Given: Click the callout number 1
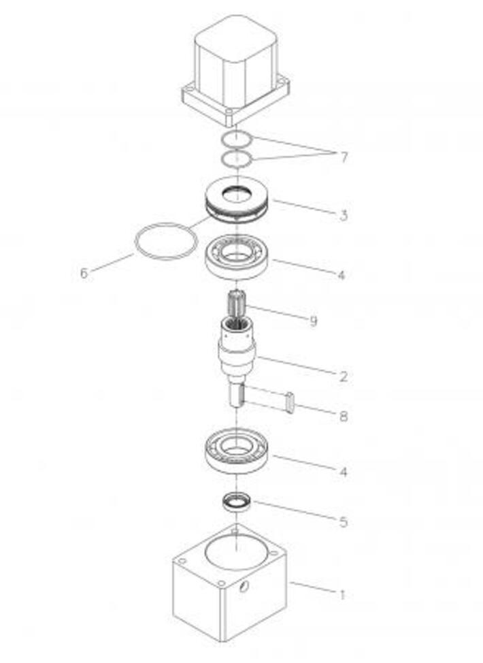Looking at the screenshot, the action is click(342, 595).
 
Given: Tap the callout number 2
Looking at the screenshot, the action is click(343, 376).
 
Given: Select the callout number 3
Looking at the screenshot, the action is click(344, 215).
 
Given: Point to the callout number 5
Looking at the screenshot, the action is click(344, 522).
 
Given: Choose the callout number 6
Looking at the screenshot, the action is click(84, 273).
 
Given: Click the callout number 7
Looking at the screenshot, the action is click(344, 157).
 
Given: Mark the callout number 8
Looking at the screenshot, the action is click(344, 417).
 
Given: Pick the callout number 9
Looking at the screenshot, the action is click(313, 321).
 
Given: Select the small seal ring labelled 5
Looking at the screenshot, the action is click(237, 502).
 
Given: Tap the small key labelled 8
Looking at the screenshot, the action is click(290, 402).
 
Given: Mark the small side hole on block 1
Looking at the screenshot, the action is click(244, 587).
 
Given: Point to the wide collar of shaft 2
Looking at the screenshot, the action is click(237, 355).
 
